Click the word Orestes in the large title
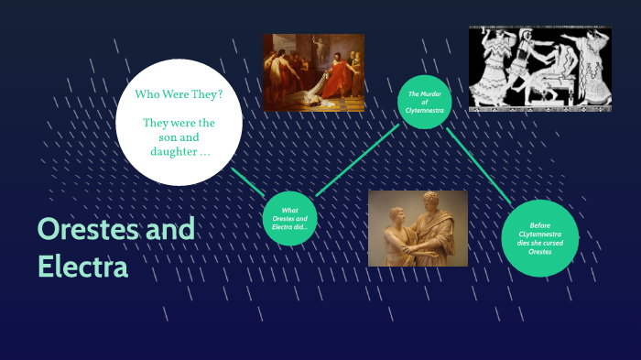88,229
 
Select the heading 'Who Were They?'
179,94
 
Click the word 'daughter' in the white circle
172,151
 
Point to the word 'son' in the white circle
179,136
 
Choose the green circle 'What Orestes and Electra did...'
289,219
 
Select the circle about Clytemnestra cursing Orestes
539,237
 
